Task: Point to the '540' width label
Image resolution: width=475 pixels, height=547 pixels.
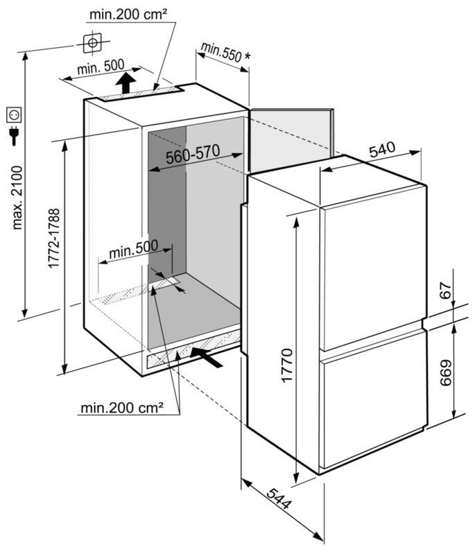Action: pos(381,148)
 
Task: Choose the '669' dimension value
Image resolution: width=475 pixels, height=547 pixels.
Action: pos(447,374)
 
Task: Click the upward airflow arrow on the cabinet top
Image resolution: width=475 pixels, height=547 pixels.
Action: pos(125,84)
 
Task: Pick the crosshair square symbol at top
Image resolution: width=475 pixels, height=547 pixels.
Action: pos(91,44)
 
